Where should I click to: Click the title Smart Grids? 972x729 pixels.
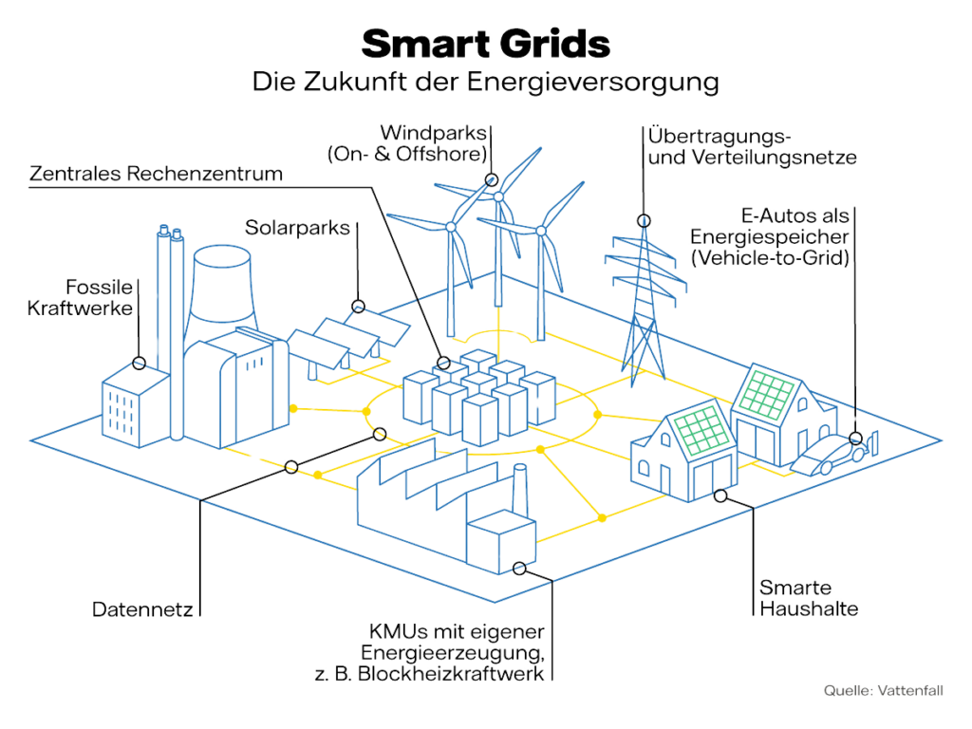tap(485, 44)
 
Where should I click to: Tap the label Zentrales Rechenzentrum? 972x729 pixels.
tap(157, 174)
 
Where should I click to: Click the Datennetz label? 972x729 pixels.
tap(142, 609)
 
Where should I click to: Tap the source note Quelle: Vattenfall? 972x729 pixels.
tap(884, 691)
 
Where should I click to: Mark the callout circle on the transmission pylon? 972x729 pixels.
tap(645, 220)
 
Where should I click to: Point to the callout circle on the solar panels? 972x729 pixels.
tap(358, 306)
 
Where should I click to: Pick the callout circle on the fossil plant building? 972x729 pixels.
tap(140, 363)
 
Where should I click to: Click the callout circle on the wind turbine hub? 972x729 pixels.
tap(492, 179)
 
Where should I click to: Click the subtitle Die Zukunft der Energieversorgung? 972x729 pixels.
tap(485, 83)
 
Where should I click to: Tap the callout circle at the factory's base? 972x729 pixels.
tap(519, 568)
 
